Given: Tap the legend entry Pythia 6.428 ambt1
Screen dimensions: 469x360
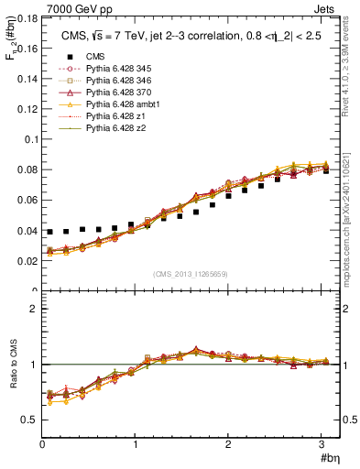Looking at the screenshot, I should pos(109,105).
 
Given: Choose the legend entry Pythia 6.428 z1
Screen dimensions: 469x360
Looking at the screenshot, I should pos(103,117).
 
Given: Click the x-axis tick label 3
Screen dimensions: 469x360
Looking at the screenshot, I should pos(322,443).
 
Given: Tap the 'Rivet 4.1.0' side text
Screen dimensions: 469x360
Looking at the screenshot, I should pos(353,73).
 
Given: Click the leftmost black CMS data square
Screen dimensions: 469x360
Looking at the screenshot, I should pos(50,232).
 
